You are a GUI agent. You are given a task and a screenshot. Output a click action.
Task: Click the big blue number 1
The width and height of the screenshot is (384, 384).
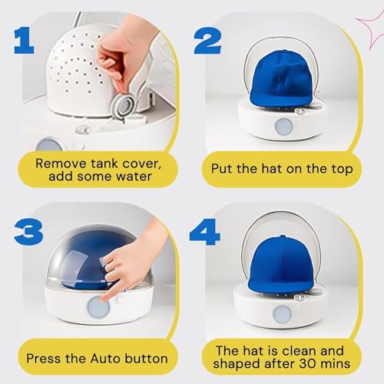click(25, 41)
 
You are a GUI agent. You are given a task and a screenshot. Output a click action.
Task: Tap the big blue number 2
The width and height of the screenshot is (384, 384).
click(207, 41)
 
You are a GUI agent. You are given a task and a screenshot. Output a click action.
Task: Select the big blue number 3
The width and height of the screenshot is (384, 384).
click(28, 231)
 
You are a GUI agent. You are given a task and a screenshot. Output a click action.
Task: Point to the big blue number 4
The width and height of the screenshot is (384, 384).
click(205, 232)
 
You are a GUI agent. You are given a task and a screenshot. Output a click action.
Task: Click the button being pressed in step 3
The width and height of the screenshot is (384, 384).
click(98, 306)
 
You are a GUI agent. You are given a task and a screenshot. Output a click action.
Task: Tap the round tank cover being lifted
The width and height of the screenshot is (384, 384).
click(123, 107)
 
